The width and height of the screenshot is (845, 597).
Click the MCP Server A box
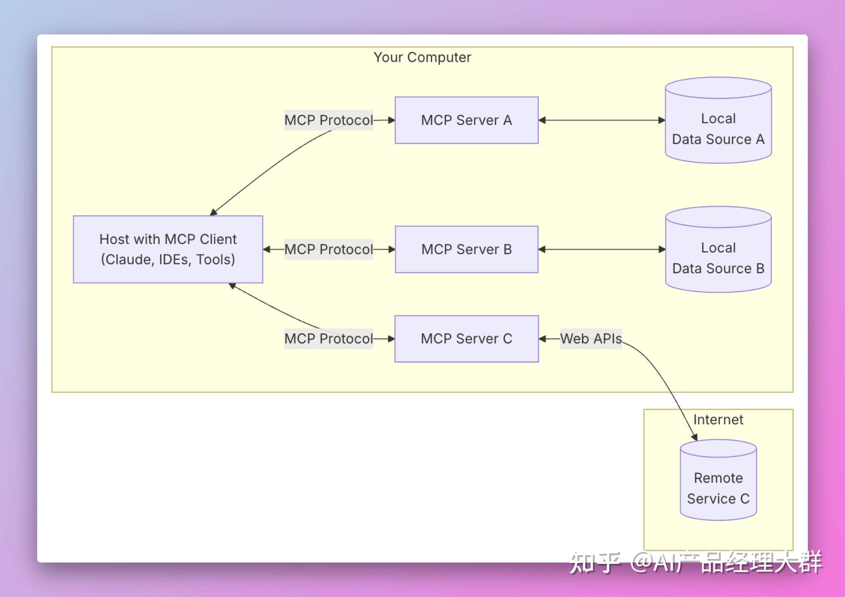click(x=466, y=120)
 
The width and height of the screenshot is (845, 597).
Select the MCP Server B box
click(x=466, y=250)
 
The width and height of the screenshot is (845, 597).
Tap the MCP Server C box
click(x=466, y=339)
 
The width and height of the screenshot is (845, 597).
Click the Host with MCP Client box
click(x=168, y=250)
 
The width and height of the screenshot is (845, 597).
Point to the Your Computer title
click(x=422, y=58)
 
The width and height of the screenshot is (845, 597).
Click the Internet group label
click(x=718, y=420)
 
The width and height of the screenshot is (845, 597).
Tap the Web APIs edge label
click(x=591, y=339)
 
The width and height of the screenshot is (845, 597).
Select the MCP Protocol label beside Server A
click(x=329, y=120)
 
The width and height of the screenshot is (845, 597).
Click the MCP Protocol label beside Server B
click(x=329, y=250)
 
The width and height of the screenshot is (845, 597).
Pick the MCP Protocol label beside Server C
click(x=329, y=339)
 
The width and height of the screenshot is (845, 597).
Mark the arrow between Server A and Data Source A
click(x=602, y=120)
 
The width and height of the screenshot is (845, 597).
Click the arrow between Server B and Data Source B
click(x=602, y=250)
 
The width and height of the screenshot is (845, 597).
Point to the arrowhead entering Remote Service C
click(x=694, y=437)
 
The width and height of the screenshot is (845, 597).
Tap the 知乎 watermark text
click(x=594, y=563)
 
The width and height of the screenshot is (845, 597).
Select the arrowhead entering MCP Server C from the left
click(x=391, y=339)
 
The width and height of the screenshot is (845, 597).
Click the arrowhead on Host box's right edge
click(x=267, y=250)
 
